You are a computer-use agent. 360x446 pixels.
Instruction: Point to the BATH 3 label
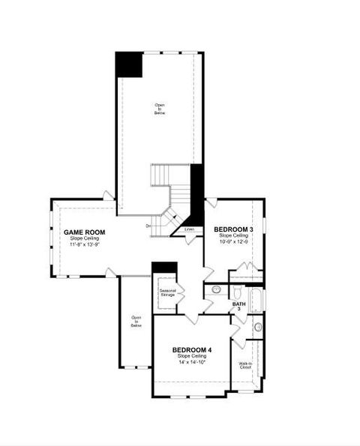238,306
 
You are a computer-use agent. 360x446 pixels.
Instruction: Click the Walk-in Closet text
245,367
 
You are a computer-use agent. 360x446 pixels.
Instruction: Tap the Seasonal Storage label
166,292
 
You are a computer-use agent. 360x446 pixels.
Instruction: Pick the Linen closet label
189,229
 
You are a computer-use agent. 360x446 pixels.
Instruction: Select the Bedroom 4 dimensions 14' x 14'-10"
192,362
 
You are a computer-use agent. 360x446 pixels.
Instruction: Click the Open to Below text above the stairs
160,109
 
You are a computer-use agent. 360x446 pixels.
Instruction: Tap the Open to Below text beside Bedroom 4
136,321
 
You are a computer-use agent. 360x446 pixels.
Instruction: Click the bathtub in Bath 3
258,300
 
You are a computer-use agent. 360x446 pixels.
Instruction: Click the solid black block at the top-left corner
128,64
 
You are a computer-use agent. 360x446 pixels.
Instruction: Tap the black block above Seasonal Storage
163,267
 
